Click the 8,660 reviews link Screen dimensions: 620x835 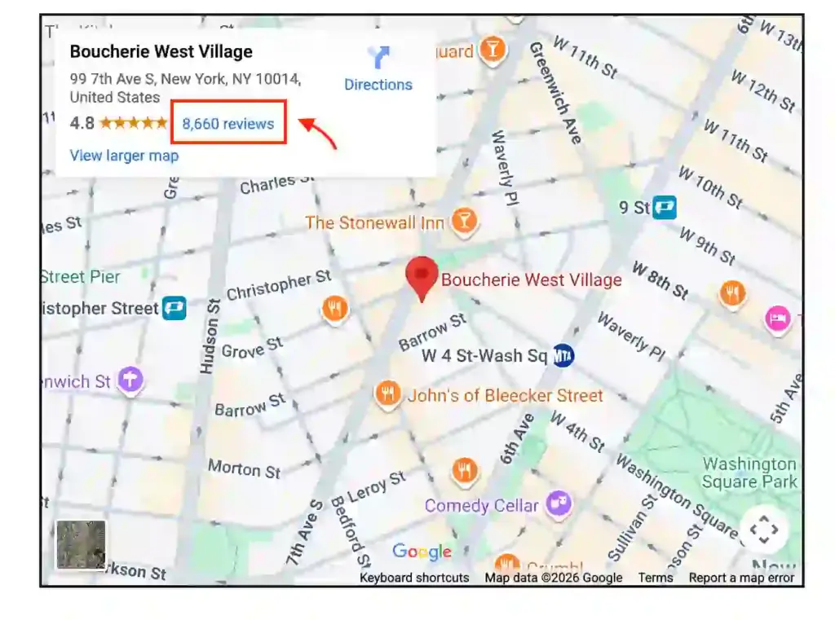click(x=228, y=124)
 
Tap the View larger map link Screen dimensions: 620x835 click(x=124, y=156)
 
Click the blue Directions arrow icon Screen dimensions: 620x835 click(x=378, y=57)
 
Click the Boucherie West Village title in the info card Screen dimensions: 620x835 click(x=161, y=51)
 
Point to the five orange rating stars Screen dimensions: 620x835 click(x=134, y=124)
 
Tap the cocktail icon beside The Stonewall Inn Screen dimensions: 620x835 click(x=464, y=222)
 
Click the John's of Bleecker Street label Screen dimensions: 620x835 click(x=505, y=396)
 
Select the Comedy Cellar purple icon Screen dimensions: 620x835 click(x=558, y=504)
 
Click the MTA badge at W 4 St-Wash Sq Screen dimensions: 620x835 click(x=563, y=356)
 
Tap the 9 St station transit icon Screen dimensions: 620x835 click(x=665, y=208)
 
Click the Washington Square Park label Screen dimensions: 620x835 click(x=749, y=473)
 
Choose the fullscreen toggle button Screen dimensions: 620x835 click(x=764, y=530)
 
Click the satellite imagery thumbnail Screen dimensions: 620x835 click(x=81, y=545)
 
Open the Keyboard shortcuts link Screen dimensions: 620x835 click(x=414, y=578)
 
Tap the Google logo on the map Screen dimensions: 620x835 click(x=422, y=552)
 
